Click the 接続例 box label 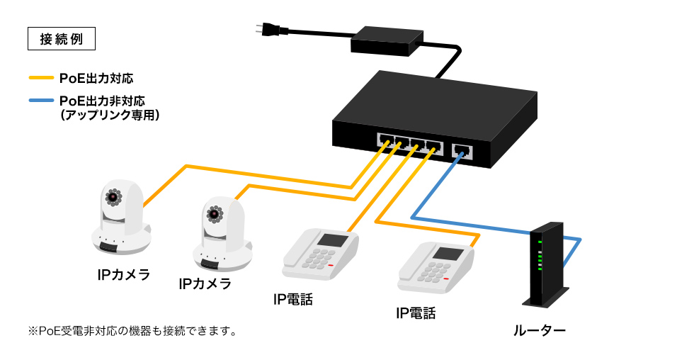tap(61, 38)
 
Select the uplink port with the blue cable tap(462, 150)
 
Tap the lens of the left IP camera tap(113, 196)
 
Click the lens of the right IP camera tap(215, 213)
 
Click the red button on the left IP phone tap(331, 266)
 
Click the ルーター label tap(540, 330)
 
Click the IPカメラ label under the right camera tap(205, 284)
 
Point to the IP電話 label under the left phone tap(292, 299)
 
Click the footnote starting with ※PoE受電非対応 tap(132, 331)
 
